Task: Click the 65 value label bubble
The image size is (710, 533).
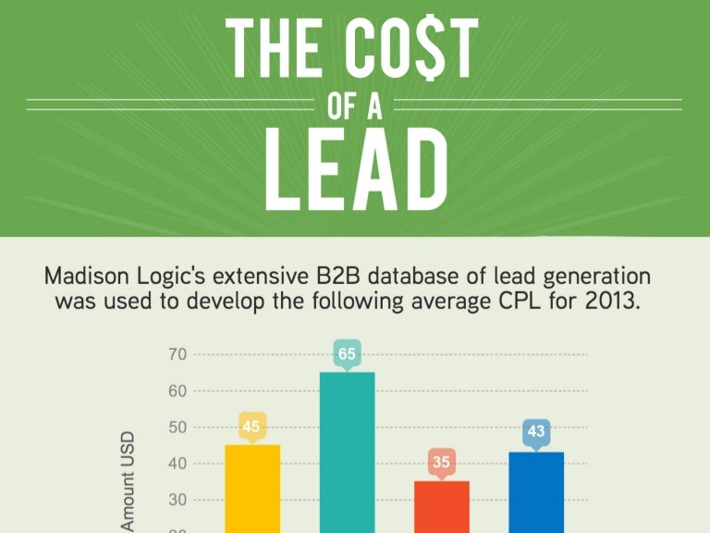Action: tap(347, 353)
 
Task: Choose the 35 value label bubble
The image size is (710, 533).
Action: tap(441, 462)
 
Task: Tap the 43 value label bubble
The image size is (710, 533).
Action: tap(536, 431)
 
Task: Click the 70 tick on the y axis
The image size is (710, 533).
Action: tap(177, 354)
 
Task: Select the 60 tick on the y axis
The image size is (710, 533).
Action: tap(177, 390)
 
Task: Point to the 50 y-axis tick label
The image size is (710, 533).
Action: tap(177, 428)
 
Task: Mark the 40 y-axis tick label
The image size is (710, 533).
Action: tap(177, 464)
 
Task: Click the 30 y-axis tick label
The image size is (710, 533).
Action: tap(177, 501)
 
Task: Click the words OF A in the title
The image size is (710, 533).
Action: tap(355, 105)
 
